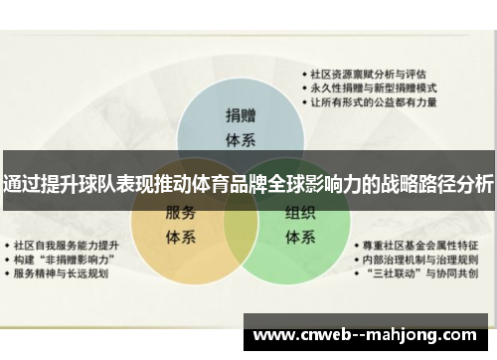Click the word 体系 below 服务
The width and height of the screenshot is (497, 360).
click(x=182, y=238)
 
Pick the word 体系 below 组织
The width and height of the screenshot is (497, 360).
click(x=301, y=238)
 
